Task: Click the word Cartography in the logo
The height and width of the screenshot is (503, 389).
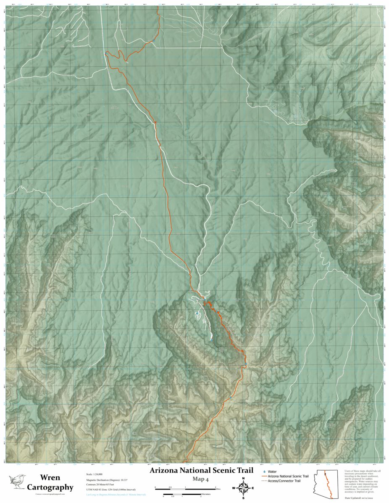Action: [x=50, y=487]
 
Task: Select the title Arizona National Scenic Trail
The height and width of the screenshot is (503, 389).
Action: [x=201, y=470]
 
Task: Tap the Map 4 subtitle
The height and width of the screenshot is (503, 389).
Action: [x=201, y=478]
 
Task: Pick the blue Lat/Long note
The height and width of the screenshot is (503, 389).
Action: [x=116, y=495]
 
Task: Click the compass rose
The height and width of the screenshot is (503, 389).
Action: [x=243, y=488]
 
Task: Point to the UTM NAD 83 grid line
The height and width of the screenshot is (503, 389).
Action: [x=110, y=489]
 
